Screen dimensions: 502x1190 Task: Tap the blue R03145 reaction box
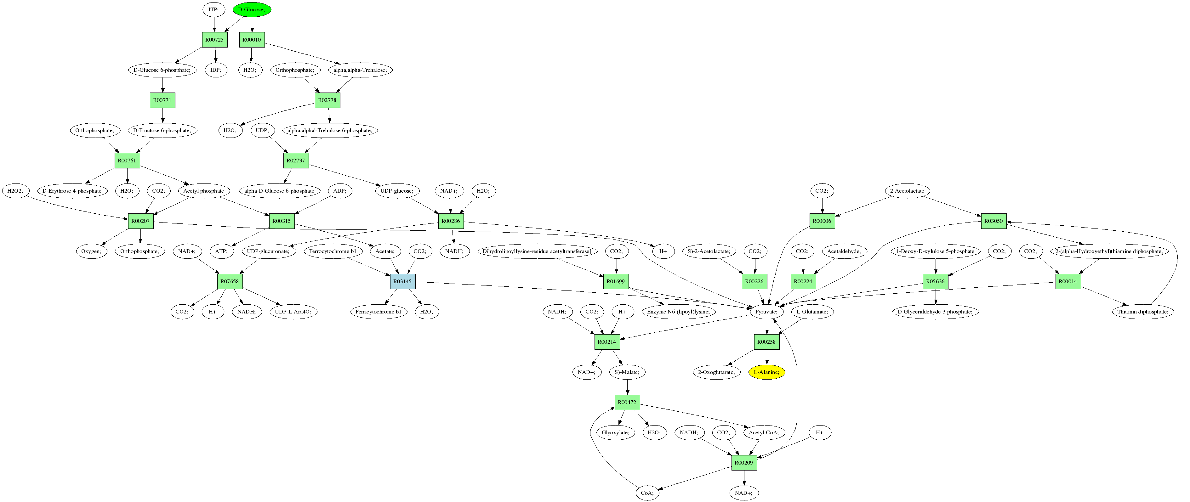coord(402,281)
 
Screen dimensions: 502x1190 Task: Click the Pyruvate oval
coord(766,312)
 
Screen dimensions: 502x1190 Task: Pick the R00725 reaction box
coord(214,40)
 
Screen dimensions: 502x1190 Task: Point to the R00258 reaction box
coord(766,342)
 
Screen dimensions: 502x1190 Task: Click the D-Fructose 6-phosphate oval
coord(162,131)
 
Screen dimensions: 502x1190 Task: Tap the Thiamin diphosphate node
coord(1142,312)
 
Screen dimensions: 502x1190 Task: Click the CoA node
coord(647,493)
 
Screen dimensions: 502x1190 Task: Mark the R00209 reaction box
coord(744,463)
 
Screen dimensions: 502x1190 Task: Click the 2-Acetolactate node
coord(907,191)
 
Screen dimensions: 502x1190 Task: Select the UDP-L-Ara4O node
coord(293,312)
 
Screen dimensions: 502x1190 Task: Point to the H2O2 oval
coord(15,191)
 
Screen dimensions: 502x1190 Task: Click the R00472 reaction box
coord(627,402)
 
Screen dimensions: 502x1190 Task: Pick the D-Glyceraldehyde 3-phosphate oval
coord(935,312)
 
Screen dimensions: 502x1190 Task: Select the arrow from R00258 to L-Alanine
coord(767,357)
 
